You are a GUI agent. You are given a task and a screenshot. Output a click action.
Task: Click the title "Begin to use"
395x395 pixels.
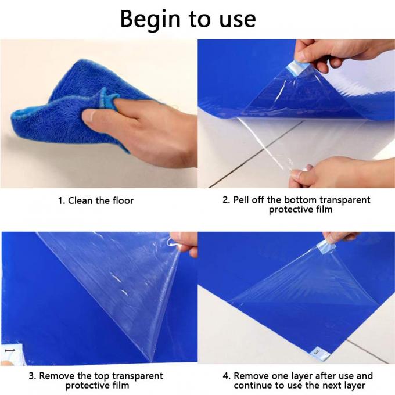point(187,19)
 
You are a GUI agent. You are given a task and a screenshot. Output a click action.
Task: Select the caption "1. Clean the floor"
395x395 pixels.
point(95,200)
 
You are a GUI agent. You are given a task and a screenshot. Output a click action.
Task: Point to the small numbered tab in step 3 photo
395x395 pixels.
point(8,352)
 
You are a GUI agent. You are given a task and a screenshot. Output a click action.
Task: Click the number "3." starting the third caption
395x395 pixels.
point(33,376)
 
